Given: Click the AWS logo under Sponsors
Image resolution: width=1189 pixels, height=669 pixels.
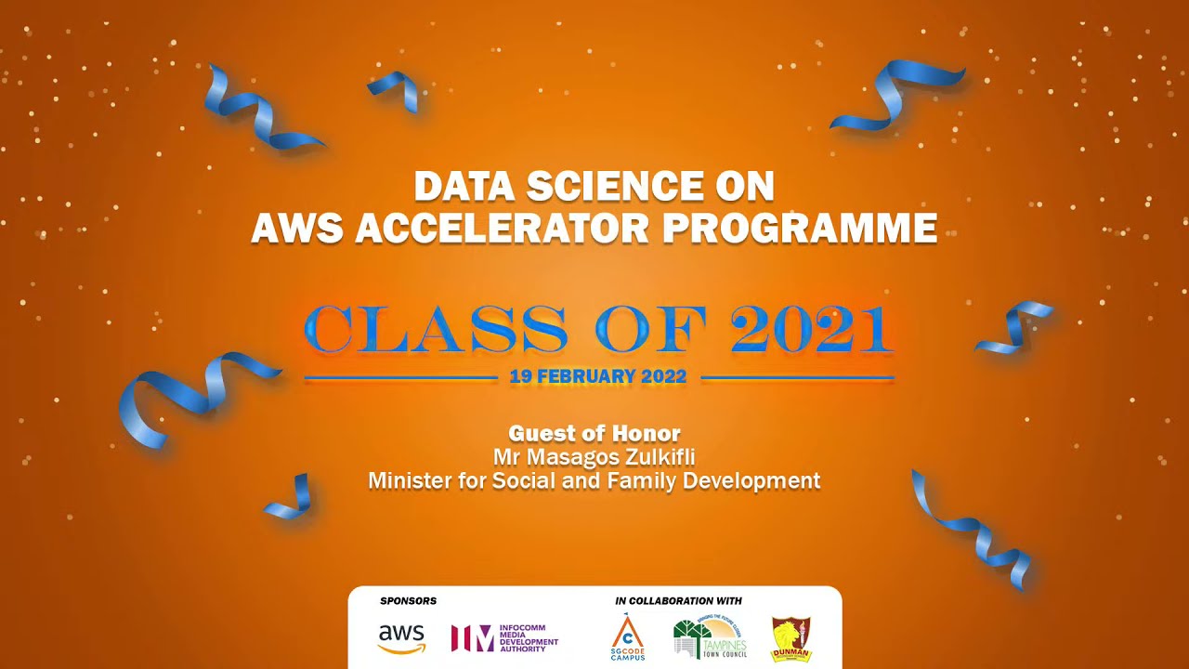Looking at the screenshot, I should (x=401, y=638).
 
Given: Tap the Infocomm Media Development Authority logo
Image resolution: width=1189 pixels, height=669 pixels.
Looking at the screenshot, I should (x=504, y=638).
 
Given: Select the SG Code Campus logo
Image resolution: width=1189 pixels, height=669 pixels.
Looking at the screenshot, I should (x=628, y=637).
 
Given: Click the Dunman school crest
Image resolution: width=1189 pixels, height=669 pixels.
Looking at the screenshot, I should (x=791, y=639).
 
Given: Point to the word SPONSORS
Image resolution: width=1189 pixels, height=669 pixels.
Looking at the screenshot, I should (x=408, y=601).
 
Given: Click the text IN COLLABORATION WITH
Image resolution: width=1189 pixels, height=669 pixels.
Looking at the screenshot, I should (x=678, y=601).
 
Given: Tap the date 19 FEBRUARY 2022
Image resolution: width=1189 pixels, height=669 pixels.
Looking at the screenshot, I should (x=598, y=377).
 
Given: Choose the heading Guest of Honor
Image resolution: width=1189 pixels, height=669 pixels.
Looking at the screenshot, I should (x=594, y=433).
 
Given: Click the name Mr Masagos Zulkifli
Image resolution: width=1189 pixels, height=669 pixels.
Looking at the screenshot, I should (x=594, y=457).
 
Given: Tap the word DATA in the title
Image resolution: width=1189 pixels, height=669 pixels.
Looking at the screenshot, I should (x=464, y=187).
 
